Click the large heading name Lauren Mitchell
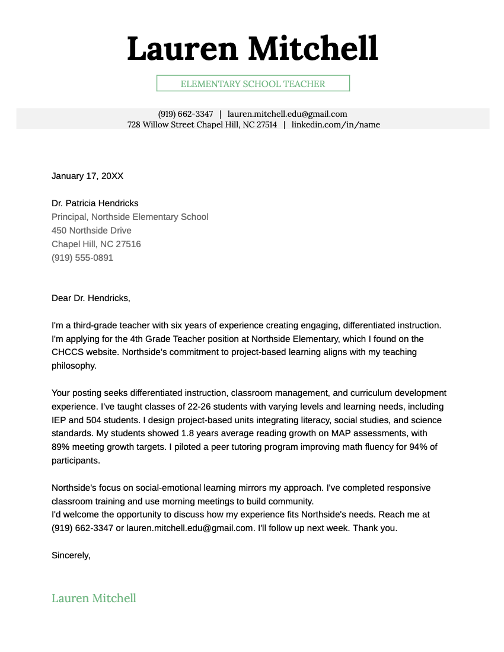(x=252, y=49)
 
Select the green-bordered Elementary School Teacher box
(x=253, y=84)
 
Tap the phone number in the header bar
(x=185, y=114)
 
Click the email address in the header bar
(x=287, y=114)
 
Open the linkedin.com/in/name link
(x=336, y=124)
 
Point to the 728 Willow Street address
(x=202, y=124)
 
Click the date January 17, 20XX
(x=87, y=176)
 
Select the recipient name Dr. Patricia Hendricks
(x=95, y=203)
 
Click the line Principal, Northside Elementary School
(x=130, y=217)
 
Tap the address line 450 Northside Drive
(x=91, y=231)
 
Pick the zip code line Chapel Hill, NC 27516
(x=96, y=244)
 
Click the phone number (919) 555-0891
(x=82, y=258)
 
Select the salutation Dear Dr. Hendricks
(x=91, y=298)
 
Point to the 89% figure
(x=61, y=447)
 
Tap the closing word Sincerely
(x=71, y=555)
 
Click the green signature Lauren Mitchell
(x=94, y=598)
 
